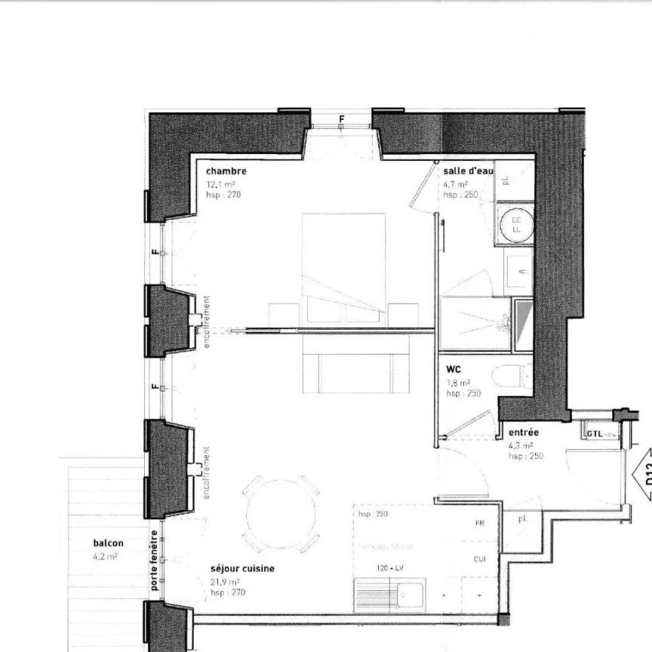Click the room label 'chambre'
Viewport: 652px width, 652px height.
click(x=226, y=171)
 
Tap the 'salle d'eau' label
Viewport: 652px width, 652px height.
click(x=468, y=171)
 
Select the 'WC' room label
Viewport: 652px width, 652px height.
click(x=454, y=370)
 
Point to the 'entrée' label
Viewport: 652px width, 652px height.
click(x=523, y=432)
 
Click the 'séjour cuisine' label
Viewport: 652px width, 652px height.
click(x=242, y=569)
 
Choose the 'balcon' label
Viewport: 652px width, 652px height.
click(x=108, y=543)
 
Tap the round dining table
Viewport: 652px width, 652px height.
click(x=280, y=514)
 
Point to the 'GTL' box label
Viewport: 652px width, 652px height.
click(x=594, y=434)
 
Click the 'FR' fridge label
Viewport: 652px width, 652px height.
click(x=479, y=523)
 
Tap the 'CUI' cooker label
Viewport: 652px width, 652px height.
click(x=479, y=558)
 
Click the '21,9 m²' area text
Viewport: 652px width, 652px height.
click(x=225, y=582)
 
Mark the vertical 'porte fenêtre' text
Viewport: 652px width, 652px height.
click(x=154, y=561)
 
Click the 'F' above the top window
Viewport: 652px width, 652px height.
click(x=341, y=119)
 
